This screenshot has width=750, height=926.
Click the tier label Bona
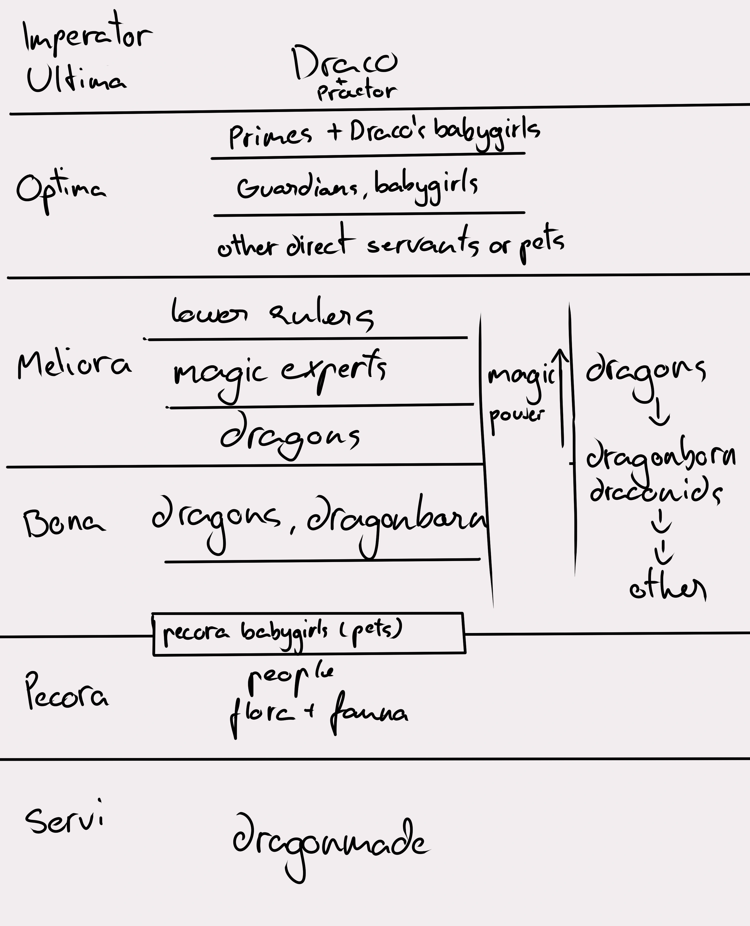64,523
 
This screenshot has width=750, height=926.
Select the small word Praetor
356,91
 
